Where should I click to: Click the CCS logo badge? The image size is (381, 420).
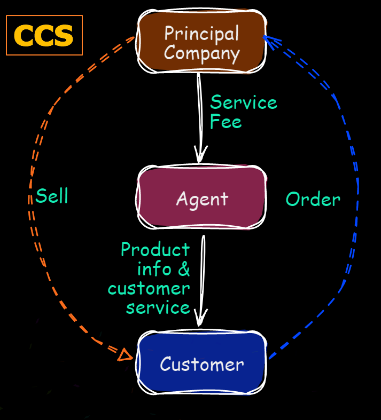[44, 35]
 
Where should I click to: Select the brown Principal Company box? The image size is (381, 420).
[201, 42]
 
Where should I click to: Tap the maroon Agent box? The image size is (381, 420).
[201, 199]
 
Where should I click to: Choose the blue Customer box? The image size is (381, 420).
[201, 364]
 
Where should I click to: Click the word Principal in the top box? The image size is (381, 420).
[201, 33]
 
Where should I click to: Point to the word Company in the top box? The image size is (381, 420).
[201, 52]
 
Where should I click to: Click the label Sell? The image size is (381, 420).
[52, 196]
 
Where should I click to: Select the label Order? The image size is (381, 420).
[313, 200]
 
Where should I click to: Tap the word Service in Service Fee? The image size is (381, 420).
[244, 102]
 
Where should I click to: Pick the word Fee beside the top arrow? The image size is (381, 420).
[226, 122]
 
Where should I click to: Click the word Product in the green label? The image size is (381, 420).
[155, 249]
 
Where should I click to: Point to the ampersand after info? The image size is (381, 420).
[184, 269]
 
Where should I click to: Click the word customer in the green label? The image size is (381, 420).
[149, 289]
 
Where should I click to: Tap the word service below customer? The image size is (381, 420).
[158, 308]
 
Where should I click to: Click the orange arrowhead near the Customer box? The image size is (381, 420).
[125, 354]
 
